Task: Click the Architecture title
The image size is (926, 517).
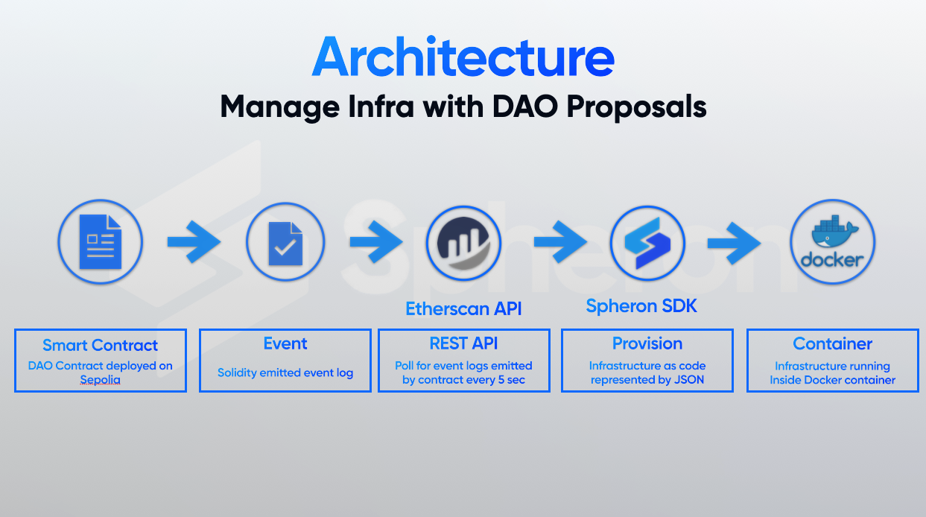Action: (463, 57)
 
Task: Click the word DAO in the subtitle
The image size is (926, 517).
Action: (526, 107)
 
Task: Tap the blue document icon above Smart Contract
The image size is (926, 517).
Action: (101, 242)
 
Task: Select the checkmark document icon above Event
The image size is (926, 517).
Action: (285, 244)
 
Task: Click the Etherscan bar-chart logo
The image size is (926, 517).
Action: (463, 244)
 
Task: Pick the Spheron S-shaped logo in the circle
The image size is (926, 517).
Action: (647, 243)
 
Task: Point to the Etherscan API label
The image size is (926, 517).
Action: (463, 308)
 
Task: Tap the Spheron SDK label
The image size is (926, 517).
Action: (641, 306)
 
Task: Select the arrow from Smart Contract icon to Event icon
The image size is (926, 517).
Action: (194, 242)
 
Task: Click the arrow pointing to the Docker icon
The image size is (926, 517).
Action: (734, 243)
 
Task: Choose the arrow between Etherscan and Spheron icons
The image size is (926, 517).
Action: (560, 242)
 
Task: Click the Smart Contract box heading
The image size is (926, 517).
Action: (100, 345)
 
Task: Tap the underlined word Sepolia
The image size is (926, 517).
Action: (100, 380)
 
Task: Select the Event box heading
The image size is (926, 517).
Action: (285, 343)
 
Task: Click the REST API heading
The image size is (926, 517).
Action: (463, 343)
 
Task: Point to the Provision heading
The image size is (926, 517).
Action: (647, 343)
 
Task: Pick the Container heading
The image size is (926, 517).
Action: (832, 344)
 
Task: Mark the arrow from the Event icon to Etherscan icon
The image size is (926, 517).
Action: (376, 242)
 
